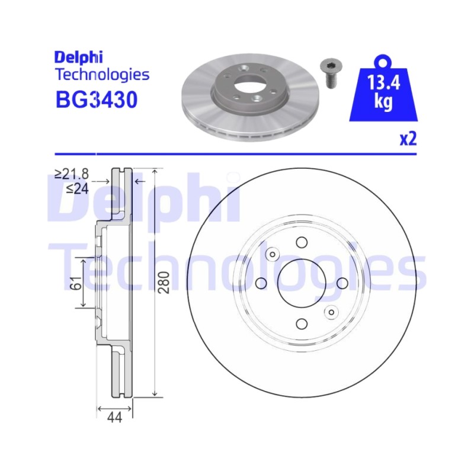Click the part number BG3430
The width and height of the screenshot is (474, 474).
pyautogui.click(x=97, y=100)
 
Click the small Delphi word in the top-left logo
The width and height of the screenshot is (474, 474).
pyautogui.click(x=79, y=57)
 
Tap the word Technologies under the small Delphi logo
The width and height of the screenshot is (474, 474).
pyautogui.click(x=103, y=75)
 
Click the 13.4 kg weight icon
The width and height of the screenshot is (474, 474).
pyautogui.click(x=383, y=88)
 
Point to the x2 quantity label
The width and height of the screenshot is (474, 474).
pyautogui.click(x=408, y=139)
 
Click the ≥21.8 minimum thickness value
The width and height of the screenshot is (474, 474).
pyautogui.click(x=72, y=174)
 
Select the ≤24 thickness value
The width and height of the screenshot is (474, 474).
pyautogui.click(x=78, y=188)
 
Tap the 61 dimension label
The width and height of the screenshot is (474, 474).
pyautogui.click(x=78, y=283)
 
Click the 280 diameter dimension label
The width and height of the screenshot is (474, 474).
pyautogui.click(x=164, y=283)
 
